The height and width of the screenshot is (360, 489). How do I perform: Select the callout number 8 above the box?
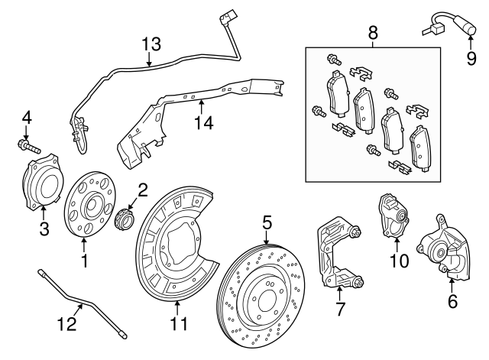(373, 33)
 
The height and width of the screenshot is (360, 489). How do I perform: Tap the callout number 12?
(68, 324)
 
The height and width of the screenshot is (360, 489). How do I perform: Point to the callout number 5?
(267, 222)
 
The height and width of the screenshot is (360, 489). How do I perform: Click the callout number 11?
(178, 324)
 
